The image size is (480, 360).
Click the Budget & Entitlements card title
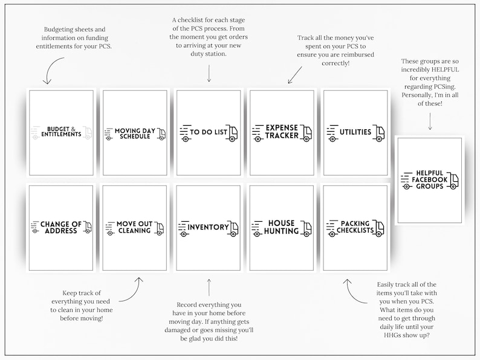(x=61, y=132)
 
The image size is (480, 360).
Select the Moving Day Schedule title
(x=135, y=133)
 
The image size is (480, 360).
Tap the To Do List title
(x=209, y=132)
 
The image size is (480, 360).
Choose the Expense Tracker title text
(x=282, y=132)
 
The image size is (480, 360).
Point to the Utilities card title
(x=355, y=132)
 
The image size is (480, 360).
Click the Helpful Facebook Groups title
(x=429, y=179)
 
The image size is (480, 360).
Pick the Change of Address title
(x=61, y=228)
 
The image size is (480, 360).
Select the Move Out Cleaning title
(x=134, y=228)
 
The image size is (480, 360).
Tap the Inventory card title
(x=208, y=227)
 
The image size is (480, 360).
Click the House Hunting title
(x=281, y=227)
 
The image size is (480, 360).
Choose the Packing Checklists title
(x=355, y=227)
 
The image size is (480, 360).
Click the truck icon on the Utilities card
(x=379, y=133)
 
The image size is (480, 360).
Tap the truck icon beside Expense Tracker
(x=306, y=133)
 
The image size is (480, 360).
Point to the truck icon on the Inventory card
(x=233, y=228)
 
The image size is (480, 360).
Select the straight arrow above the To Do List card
(x=209, y=74)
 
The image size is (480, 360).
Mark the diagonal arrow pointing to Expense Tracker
(x=295, y=76)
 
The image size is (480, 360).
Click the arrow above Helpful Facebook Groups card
(x=430, y=121)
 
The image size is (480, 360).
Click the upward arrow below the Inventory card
(x=209, y=288)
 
